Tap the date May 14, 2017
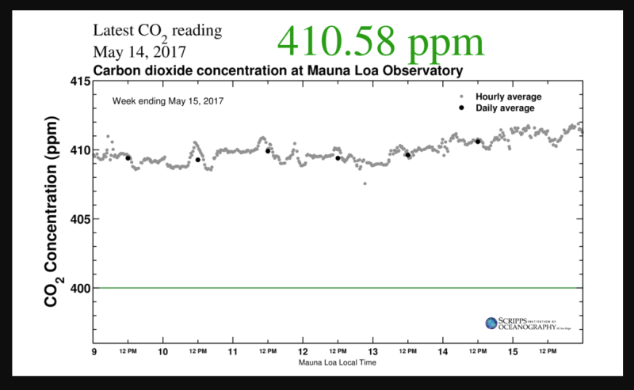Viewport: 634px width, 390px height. [140, 52]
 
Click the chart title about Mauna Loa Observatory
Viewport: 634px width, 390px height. [277, 70]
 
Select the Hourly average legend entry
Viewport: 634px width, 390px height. [508, 97]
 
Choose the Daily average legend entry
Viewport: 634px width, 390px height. [505, 108]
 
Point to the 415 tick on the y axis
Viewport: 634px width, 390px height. [79, 81]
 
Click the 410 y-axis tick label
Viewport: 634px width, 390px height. [79, 150]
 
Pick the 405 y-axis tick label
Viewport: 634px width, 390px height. [79, 219]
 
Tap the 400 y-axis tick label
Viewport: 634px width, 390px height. [79, 288]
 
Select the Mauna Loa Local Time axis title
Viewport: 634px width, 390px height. [338, 363]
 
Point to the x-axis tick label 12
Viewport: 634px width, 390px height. [303, 350]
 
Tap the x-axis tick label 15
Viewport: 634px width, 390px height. [513, 350]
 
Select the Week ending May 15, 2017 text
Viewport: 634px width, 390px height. [167, 101]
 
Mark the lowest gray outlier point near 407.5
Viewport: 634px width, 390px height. [365, 184]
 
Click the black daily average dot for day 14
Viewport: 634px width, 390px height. [478, 142]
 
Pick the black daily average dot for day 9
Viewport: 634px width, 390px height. [128, 158]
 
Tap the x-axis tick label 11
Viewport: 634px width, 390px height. [233, 350]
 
